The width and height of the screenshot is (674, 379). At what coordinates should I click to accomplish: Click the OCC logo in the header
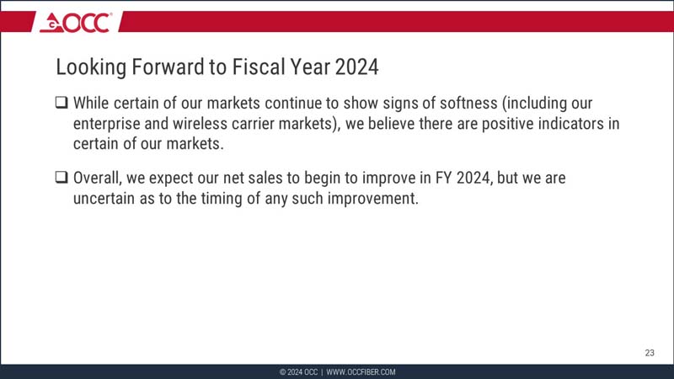coord(75,23)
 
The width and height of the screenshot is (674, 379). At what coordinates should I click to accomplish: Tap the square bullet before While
coord(62,104)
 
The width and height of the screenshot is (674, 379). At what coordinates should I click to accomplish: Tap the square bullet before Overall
coord(62,179)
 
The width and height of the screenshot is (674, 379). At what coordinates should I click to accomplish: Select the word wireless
coord(211,124)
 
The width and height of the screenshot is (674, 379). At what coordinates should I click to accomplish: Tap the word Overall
coord(99,179)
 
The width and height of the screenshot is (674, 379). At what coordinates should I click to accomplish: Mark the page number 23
coord(649,353)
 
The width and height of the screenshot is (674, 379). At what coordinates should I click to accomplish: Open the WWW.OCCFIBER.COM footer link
coord(361,372)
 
